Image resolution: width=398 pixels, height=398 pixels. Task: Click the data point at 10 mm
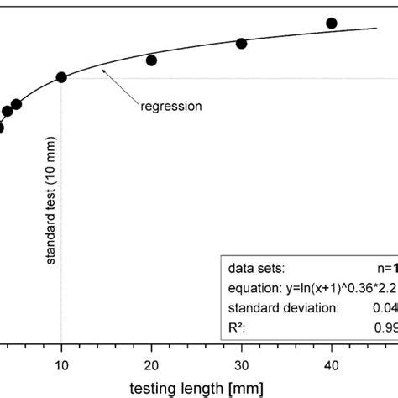tap(61, 77)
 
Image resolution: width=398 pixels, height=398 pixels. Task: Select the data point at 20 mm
tap(151, 60)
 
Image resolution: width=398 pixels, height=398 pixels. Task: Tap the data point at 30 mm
tap(241, 43)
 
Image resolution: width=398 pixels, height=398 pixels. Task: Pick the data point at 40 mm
tap(331, 24)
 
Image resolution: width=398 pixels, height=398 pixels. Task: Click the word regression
tap(170, 107)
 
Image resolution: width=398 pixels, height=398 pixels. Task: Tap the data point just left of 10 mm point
tap(16, 104)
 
